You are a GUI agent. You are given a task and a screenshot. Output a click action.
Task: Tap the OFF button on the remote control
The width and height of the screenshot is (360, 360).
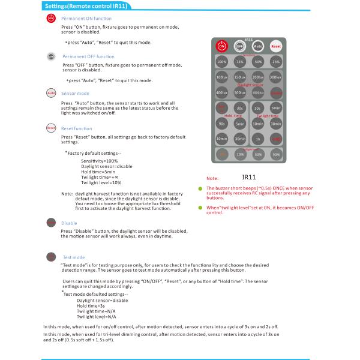click(239, 45)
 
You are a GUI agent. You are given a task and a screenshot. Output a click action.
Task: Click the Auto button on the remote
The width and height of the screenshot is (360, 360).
click(257, 45)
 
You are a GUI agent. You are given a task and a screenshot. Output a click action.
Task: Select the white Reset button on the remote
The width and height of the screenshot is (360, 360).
click(276, 45)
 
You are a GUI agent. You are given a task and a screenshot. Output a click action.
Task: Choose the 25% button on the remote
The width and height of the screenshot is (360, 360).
click(276, 61)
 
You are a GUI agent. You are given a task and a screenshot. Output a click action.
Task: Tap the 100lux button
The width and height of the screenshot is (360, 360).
click(221, 78)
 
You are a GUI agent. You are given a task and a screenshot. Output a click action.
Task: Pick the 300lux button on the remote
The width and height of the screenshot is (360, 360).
click(276, 78)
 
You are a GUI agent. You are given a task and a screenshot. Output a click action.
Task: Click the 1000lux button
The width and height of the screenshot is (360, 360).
click(257, 92)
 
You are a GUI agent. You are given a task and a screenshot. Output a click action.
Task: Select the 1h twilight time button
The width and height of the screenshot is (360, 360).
click(257, 138)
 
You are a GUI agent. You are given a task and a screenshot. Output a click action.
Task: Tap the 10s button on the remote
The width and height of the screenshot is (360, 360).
click(257, 108)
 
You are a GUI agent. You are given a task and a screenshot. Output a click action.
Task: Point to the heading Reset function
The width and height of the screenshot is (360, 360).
click(77, 128)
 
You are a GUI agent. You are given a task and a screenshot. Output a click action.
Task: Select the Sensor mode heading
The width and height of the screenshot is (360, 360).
click(76, 94)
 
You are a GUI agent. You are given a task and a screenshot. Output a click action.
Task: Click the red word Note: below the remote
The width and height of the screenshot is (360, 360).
click(212, 178)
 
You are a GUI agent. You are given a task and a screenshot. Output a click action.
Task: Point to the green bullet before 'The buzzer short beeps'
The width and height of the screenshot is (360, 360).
click(202, 188)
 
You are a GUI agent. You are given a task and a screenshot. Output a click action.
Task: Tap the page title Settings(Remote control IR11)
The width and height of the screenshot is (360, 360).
click(86, 5)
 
